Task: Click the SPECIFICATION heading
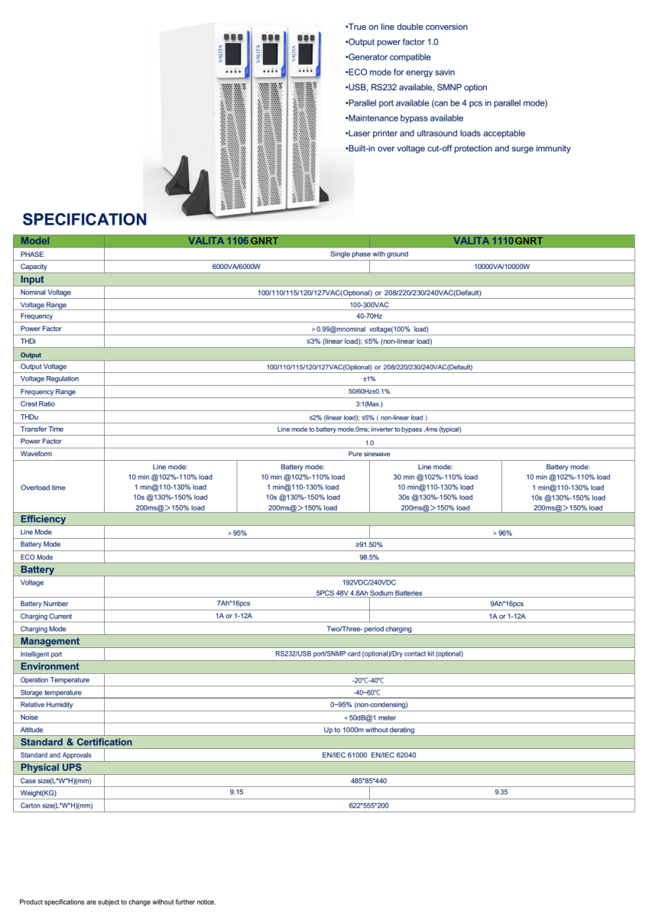(84, 219)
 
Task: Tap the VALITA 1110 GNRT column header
(498, 241)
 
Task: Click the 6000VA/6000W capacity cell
(236, 267)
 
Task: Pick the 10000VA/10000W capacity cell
(501, 267)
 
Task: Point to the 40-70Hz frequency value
(369, 316)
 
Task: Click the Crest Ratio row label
(37, 403)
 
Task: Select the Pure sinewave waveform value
(369, 454)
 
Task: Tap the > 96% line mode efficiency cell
(501, 533)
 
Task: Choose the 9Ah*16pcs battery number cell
(502, 604)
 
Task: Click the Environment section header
(50, 666)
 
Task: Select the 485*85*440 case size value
(369, 781)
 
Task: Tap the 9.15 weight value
(236, 792)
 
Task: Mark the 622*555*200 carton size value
(369, 805)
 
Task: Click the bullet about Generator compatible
(388, 57)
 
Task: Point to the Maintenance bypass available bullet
(404, 118)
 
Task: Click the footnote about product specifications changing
(117, 902)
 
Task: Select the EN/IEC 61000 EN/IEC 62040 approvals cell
(369, 755)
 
